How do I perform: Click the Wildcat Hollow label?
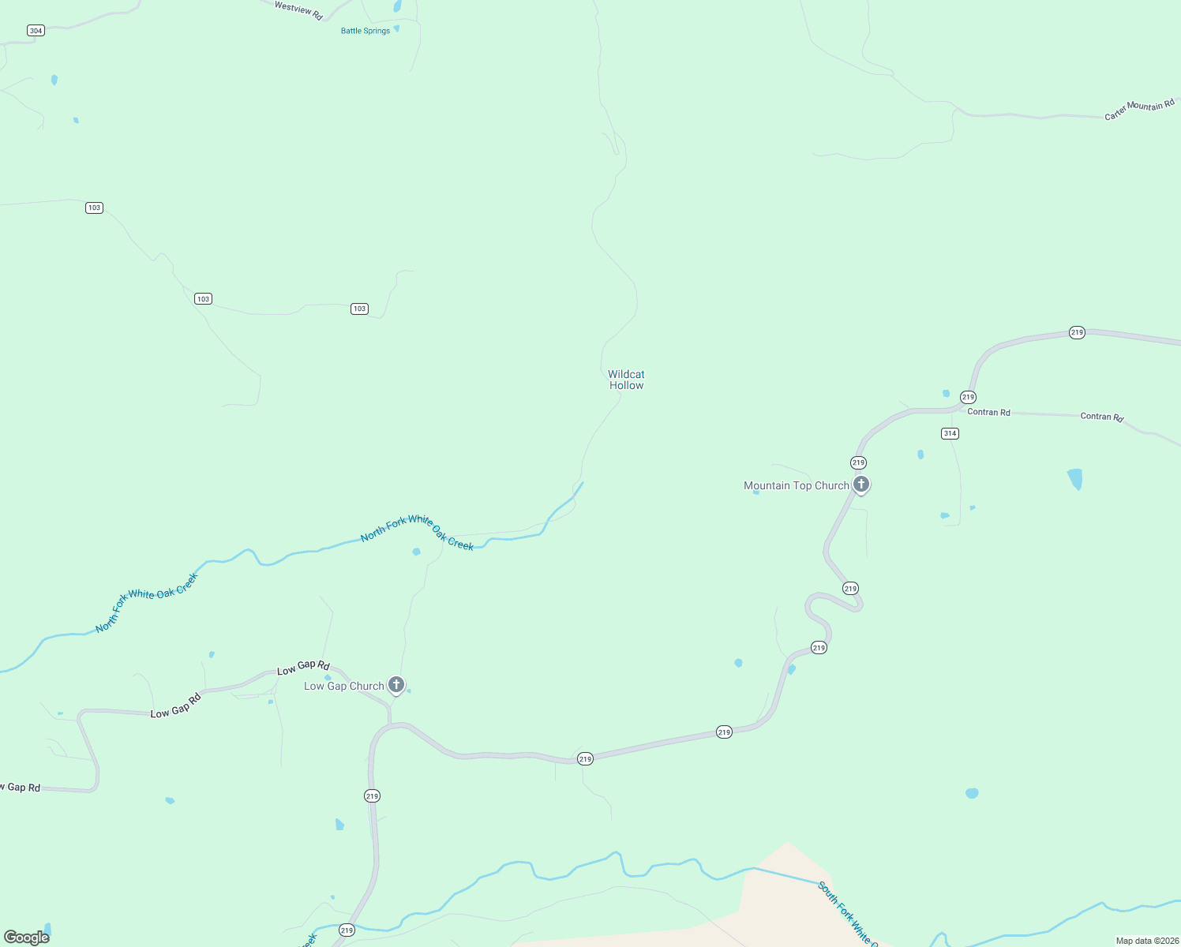(626, 380)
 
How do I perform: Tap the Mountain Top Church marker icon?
(861, 485)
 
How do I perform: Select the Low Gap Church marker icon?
(396, 685)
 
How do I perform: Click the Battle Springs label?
(366, 31)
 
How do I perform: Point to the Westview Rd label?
(298, 10)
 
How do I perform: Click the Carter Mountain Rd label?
(1139, 110)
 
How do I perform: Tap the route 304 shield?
(36, 31)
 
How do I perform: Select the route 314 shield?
(950, 433)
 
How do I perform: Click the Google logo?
(27, 937)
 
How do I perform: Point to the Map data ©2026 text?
(1145, 941)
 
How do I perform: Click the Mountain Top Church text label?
(796, 485)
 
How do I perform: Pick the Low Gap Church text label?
(343, 686)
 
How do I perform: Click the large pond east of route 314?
(1074, 479)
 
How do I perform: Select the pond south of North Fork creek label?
(416, 552)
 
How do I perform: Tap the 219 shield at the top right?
(1077, 332)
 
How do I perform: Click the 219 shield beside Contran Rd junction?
(968, 397)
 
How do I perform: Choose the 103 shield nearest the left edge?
(95, 208)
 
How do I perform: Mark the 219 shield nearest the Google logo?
(347, 930)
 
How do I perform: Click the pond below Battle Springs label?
(396, 28)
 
